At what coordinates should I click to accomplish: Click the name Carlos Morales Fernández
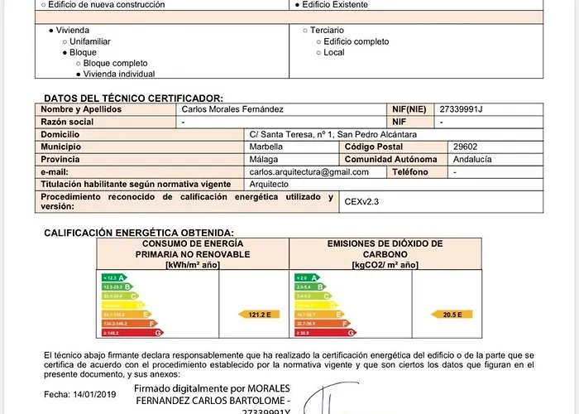pyautogui.click(x=232, y=109)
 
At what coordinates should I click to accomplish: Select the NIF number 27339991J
pyautogui.click(x=461, y=109)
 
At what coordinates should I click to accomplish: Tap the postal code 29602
pyautogui.click(x=467, y=147)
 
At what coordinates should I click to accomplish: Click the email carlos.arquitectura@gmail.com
pyautogui.click(x=309, y=171)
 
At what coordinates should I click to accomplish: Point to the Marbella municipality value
pyautogui.click(x=266, y=147)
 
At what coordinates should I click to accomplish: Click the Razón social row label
pyautogui.click(x=67, y=122)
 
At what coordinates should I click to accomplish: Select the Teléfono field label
pyautogui.click(x=410, y=171)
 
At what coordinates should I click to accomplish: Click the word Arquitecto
pyautogui.click(x=269, y=184)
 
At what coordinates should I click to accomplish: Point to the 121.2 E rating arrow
pyautogui.click(x=260, y=315)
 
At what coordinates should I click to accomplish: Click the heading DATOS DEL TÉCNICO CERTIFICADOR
pyautogui.click(x=133, y=98)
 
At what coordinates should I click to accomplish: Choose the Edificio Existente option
pyautogui.click(x=334, y=4)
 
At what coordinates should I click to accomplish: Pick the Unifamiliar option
pyautogui.click(x=90, y=41)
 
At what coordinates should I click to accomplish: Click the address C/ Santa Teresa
pyautogui.click(x=333, y=134)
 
